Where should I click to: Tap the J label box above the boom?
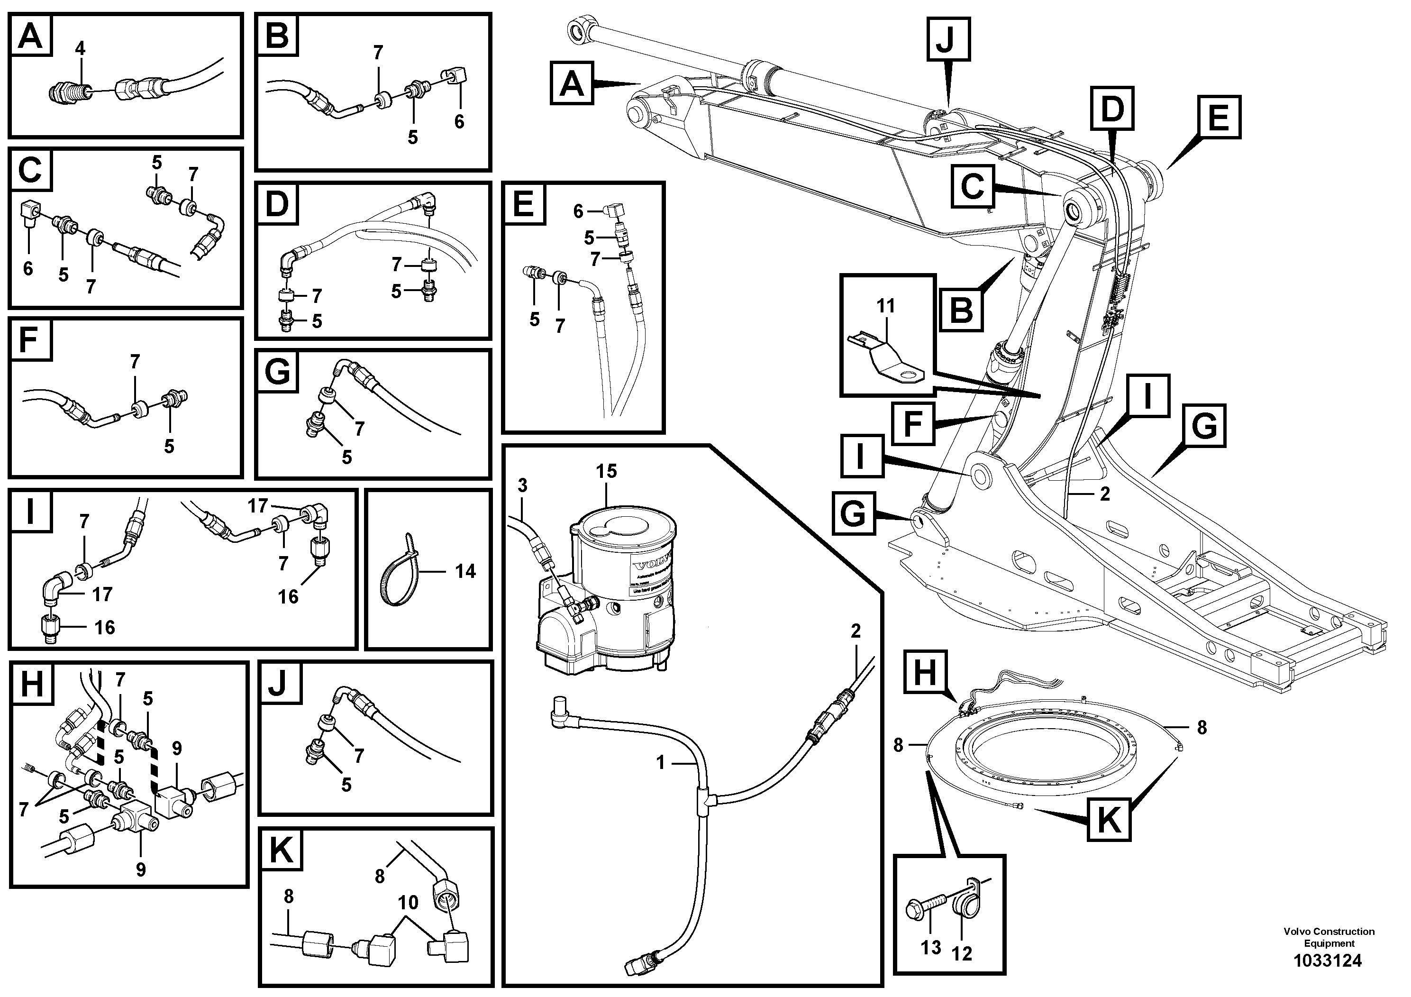tap(947, 39)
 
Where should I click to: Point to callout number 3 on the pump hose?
tap(522, 485)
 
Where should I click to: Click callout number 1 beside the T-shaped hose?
tap(661, 763)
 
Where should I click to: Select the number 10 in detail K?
tap(408, 903)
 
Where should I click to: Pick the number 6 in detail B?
tap(459, 122)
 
